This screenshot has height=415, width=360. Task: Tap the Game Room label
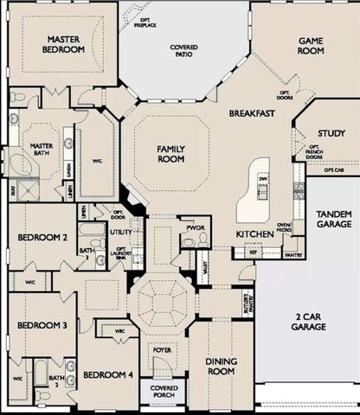coord(311,46)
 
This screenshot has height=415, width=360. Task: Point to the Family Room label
coord(170,154)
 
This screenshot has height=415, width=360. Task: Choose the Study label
coord(331,133)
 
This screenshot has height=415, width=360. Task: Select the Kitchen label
coord(254,233)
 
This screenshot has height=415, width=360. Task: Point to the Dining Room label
coord(221,366)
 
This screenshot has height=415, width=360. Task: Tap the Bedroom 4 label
coord(107,374)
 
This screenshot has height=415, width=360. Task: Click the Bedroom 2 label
coord(42,237)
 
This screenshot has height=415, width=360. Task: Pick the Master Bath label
coord(42,151)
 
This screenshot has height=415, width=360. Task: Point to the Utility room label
coord(120,232)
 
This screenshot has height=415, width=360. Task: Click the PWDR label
coord(192,229)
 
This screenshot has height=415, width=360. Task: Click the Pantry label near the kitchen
coord(293,255)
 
